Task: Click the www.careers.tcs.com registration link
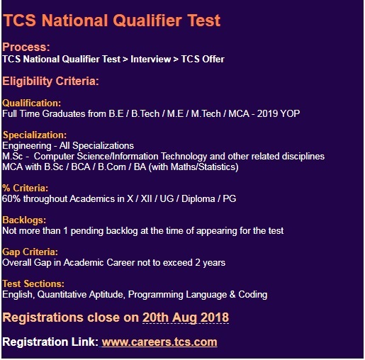[159, 342]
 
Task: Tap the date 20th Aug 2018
[186, 317]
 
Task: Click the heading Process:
[26, 47]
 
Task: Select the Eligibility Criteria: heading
[50, 81]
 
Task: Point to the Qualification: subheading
[32, 103]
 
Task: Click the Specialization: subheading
[35, 135]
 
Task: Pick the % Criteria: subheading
[26, 189]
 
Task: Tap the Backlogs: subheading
[24, 220]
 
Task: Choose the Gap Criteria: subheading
[30, 252]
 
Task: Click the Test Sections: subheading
[33, 283]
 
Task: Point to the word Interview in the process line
[151, 59]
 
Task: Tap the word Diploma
[198, 199]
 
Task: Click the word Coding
[253, 295]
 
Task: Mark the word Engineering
[27, 146]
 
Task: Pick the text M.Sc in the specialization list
[13, 157]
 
